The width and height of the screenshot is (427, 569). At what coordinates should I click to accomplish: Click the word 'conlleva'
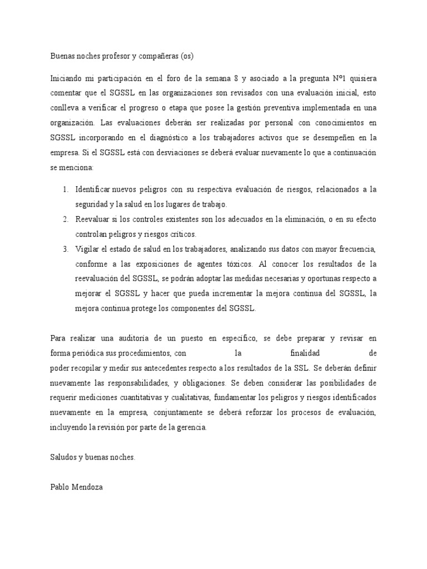(64, 107)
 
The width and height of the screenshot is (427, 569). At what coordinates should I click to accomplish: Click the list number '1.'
(65, 189)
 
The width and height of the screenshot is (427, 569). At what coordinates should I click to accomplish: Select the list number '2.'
(65, 219)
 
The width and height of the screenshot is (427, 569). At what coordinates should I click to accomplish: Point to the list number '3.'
(65, 248)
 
